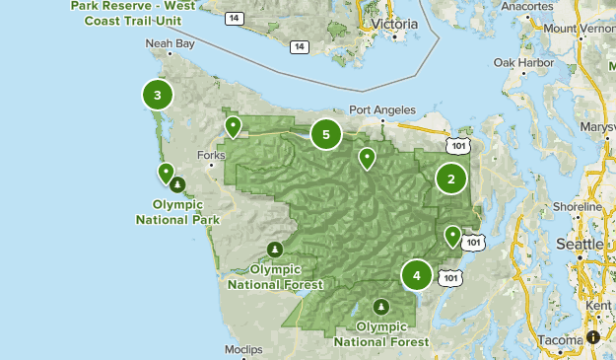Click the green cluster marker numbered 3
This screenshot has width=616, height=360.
pos(158,95)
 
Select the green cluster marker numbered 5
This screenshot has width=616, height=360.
pos(326,134)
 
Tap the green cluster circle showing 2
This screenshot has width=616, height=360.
pos(450,179)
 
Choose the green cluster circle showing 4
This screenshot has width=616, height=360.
pos(417,275)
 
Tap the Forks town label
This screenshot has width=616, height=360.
pos(211,155)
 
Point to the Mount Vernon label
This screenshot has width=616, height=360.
pos(580,28)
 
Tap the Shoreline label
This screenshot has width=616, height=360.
pos(577,207)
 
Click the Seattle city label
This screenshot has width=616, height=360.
pos(580,244)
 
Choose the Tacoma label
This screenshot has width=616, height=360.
pos(559,340)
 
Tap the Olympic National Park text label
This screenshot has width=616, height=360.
pos(177,211)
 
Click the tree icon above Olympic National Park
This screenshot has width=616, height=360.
pos(176,184)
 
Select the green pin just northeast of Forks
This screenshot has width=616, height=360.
pos(233,126)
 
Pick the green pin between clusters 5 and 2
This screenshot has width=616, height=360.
pos(367,157)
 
